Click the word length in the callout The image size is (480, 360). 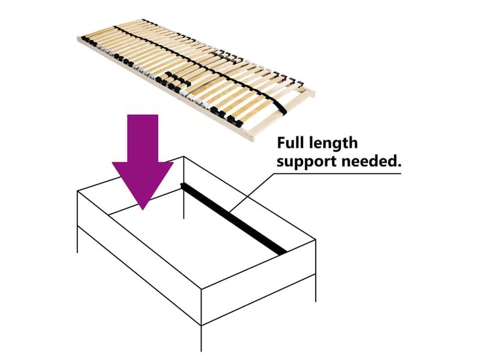tap(333, 143)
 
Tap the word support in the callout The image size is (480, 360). tap(307, 161)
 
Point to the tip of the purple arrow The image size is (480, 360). tap(143, 210)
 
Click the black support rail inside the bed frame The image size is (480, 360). tap(233, 218)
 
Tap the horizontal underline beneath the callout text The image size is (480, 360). tap(337, 173)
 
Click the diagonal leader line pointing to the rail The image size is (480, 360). tap(251, 193)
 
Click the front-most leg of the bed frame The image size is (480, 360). tap(201, 338)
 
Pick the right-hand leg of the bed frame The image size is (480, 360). tap(316, 288)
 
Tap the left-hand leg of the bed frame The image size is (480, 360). tap(78, 239)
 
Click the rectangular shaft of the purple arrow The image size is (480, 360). tap(143, 139)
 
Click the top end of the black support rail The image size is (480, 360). tap(183, 185)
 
